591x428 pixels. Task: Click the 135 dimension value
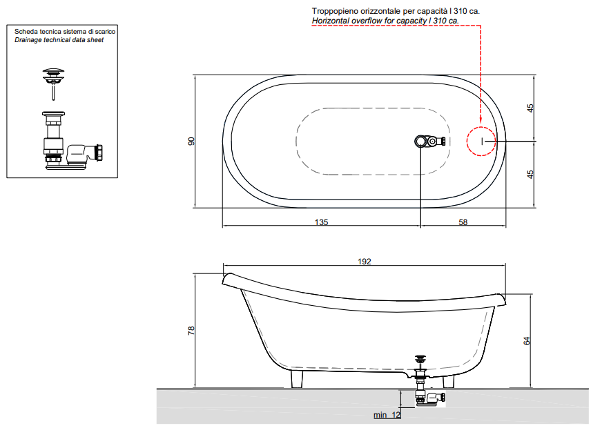point(321,222)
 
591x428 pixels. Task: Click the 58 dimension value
point(463,222)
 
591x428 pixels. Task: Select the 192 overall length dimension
point(364,262)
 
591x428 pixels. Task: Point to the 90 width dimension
point(191,142)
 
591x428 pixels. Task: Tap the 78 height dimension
point(191,331)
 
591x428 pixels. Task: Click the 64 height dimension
point(527,340)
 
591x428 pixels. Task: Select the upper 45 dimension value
point(530,108)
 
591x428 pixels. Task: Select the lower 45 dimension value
point(530,175)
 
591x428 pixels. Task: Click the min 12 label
point(387,415)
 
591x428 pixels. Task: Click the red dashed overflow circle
point(467,141)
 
